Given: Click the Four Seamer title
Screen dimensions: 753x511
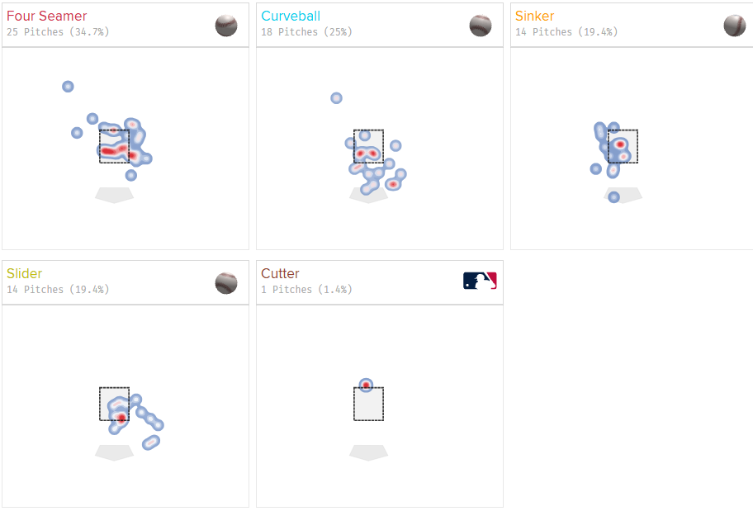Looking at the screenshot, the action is (46, 16).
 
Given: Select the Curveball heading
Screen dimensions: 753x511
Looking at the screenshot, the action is (291, 16).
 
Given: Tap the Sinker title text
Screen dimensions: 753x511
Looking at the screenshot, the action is (534, 16).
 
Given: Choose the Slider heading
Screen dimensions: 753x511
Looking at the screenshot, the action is (25, 273).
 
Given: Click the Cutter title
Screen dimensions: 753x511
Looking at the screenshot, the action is (280, 273).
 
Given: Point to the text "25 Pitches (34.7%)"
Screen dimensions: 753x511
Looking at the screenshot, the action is (58, 31).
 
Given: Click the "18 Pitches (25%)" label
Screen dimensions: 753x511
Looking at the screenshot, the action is (306, 31).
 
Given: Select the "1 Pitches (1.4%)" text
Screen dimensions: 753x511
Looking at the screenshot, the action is (306, 289).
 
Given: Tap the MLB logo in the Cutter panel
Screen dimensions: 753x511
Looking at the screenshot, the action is (480, 281).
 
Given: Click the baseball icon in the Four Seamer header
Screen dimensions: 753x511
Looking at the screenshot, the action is (226, 26).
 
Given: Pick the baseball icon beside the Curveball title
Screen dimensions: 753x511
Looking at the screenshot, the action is (481, 26).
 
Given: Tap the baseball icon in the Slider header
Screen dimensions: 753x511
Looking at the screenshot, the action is (226, 283).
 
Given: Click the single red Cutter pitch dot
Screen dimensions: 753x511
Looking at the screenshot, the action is (366, 385).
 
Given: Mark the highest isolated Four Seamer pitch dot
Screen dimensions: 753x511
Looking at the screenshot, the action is (68, 87).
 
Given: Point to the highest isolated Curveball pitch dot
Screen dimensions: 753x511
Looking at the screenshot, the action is (336, 98).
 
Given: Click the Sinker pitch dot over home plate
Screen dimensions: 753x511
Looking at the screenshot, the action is (613, 197).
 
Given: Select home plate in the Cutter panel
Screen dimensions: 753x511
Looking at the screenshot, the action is (368, 452).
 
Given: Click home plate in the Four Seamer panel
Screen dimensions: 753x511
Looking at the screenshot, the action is (114, 195).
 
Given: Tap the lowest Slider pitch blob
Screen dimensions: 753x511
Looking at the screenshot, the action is (151, 442).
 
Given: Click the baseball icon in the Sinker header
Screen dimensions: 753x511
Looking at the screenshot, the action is (735, 26).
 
